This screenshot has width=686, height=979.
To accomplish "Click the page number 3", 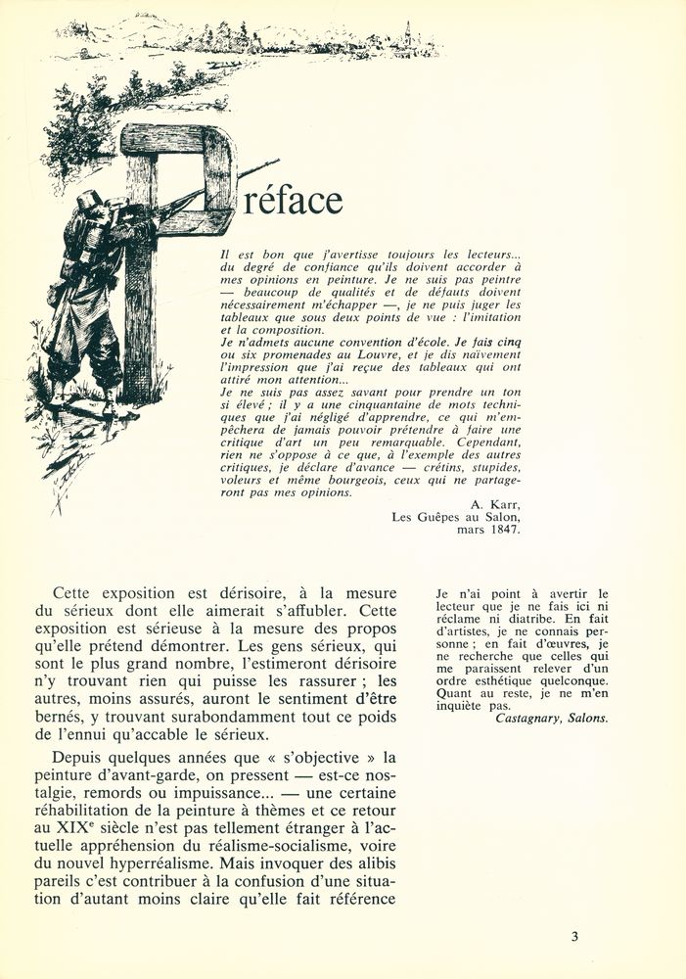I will point(574,936).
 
